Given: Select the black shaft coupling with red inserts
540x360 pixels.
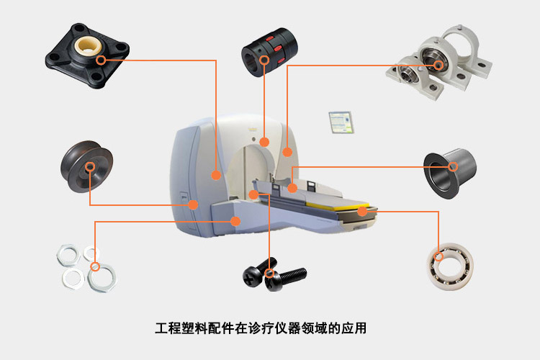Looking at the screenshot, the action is [269, 52].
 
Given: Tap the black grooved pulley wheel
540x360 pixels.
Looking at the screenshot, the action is [87, 166].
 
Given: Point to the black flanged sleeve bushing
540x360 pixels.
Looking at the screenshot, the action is [450, 173].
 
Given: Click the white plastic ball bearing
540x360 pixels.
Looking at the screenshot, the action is [450, 266].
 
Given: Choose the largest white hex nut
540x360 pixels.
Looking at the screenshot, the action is [102, 278].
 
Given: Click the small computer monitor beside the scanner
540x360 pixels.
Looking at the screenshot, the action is [341, 122].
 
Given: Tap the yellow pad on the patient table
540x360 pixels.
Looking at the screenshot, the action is [337, 205].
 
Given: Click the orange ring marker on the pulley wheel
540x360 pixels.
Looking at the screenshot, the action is [90, 167].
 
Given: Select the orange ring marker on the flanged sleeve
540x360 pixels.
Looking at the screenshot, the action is [453, 167].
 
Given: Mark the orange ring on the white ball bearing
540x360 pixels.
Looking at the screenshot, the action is [438, 256].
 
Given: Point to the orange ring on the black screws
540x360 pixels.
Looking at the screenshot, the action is [270, 274].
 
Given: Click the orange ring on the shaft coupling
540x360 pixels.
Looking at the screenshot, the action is [264, 60].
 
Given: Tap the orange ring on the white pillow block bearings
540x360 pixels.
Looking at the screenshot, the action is [438, 65].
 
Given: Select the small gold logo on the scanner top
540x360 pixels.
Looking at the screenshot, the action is [253, 129].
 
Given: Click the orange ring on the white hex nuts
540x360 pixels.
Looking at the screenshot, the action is [95, 266].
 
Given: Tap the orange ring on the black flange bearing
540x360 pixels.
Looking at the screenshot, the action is [101, 60].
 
